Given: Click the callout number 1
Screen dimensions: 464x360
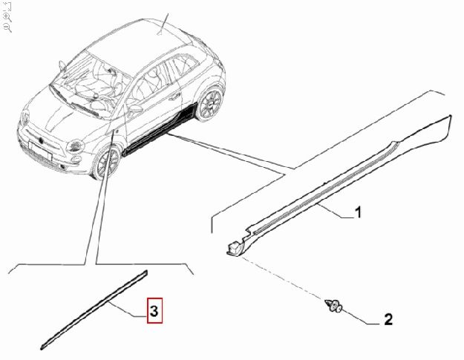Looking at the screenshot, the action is coord(358,212).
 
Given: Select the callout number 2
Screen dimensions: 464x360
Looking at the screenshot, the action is coord(388,319).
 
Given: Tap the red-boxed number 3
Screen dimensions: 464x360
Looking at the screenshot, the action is coord(154,310).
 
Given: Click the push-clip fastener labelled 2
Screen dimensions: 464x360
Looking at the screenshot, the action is coord(333,305).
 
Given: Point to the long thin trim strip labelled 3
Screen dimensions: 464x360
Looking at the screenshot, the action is coord(94,310).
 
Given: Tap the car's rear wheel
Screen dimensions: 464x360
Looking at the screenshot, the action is coord(210,104).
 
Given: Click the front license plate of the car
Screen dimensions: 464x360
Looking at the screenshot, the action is coord(41,150).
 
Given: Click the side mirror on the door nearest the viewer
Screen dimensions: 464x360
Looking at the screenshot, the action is coord(134,109).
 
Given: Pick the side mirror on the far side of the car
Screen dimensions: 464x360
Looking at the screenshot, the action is coord(62,66).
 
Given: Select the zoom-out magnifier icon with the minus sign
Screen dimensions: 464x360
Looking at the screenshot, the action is coord(7,27).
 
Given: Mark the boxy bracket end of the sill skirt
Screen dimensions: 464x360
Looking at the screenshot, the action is coord(235,247).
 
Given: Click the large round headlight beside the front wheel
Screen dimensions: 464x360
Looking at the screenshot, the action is coord(76,145).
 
